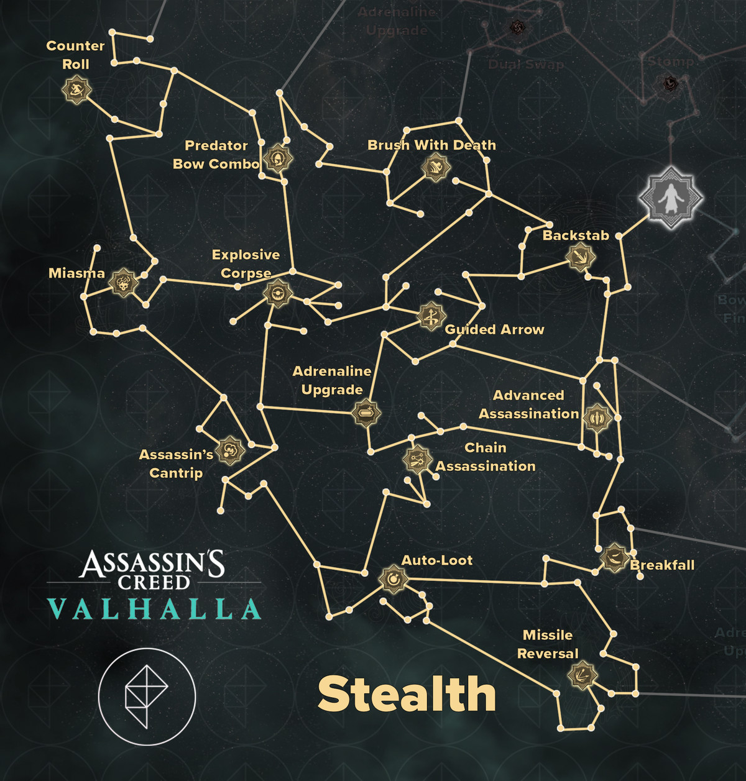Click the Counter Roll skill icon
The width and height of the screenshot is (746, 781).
point(77,90)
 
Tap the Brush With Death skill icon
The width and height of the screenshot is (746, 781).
point(435,167)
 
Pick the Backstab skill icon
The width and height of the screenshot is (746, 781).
point(581,257)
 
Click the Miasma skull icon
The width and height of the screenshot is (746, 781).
point(123,283)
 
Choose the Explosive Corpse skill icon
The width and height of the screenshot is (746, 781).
point(277,292)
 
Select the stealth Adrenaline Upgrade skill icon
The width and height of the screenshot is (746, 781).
point(366,412)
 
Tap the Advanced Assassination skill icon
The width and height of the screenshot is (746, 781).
point(597,418)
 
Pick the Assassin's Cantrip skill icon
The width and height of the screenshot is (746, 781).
point(229,450)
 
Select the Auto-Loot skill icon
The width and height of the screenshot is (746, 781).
point(393,580)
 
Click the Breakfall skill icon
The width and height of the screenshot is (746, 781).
point(614,557)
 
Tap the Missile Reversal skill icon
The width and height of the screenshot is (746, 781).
point(582,675)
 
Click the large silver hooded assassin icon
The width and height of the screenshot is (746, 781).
point(671,198)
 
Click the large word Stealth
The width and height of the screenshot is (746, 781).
point(407,694)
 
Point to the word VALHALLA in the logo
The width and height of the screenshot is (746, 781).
point(154,610)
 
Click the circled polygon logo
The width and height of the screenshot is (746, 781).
point(147,697)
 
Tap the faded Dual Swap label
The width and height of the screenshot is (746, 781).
point(526,64)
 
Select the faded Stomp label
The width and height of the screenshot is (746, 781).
point(671,62)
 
